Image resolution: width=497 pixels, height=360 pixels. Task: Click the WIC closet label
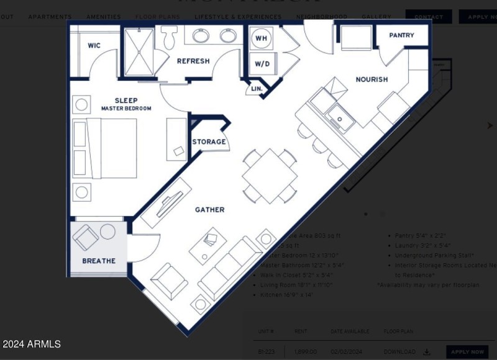(x=94, y=45)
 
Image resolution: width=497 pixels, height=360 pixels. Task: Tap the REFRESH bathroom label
(x=193, y=61)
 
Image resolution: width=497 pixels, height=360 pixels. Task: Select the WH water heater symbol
(x=261, y=38)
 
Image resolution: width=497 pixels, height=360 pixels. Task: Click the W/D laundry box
(x=261, y=64)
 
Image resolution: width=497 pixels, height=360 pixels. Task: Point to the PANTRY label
(x=401, y=35)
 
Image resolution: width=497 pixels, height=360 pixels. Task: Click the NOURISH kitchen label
(x=372, y=79)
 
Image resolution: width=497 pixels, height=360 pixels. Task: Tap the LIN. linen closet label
(x=257, y=89)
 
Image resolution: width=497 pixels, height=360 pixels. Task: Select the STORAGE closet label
(x=209, y=142)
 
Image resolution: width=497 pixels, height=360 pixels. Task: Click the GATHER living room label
(x=209, y=210)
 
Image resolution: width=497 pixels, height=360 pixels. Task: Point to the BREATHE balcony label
(x=99, y=261)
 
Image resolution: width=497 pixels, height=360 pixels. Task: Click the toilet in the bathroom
(x=169, y=37)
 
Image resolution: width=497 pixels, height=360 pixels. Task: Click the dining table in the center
(x=270, y=176)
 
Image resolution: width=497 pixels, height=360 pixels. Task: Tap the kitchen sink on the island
(x=341, y=117)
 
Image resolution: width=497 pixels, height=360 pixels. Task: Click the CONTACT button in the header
(x=428, y=17)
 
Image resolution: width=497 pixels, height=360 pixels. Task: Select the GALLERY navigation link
(x=376, y=17)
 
